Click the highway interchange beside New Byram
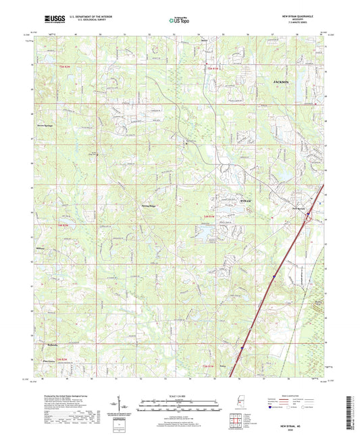point(309,217)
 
